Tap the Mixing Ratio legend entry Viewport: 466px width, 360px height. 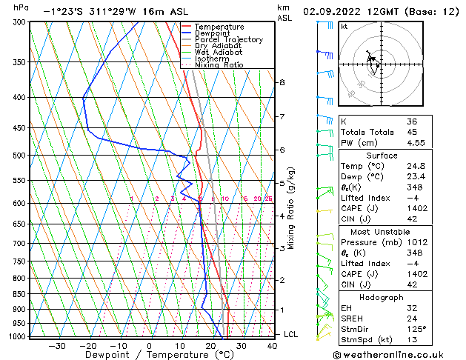point(219,65)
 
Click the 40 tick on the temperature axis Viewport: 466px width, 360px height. point(272,346)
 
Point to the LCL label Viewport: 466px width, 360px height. point(292,335)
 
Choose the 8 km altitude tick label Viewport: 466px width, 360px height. point(282,82)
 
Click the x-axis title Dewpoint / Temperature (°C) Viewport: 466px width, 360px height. point(149,355)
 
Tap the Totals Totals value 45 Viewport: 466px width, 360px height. point(412,132)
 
